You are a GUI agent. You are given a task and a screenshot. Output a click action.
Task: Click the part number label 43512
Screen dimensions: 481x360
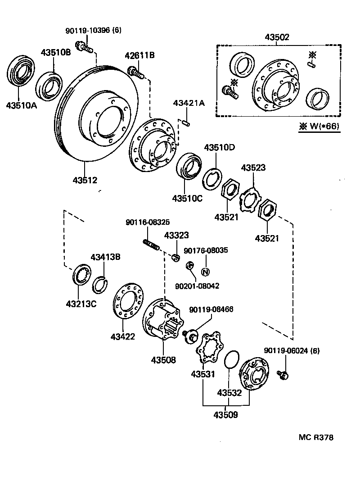click(85, 180)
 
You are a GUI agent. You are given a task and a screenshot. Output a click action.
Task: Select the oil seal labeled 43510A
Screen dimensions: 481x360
click(21, 71)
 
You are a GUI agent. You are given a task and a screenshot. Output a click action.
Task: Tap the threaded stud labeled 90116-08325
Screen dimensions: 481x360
click(151, 245)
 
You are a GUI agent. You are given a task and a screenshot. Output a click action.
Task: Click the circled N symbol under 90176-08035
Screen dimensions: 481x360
click(205, 272)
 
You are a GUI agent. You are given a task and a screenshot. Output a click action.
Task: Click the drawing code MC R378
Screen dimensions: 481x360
click(316, 437)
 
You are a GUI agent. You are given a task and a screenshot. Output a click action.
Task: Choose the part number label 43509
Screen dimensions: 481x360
click(225, 414)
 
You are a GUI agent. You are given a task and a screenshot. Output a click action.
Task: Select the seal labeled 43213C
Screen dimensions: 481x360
click(80, 276)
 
